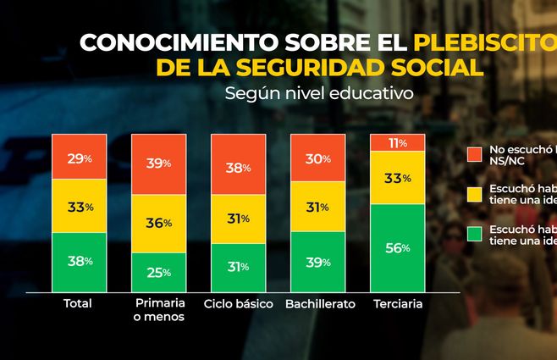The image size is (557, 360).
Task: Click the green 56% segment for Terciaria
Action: click(x=397, y=248)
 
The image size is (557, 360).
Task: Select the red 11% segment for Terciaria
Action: click(x=397, y=142)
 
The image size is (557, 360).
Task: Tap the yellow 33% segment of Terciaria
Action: click(x=397, y=178)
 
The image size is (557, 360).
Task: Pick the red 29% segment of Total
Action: click(x=80, y=157)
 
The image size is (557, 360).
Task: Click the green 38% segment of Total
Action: click(x=80, y=262)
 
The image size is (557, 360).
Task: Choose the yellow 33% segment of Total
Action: click(x=80, y=206)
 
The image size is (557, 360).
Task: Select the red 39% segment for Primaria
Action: click(x=159, y=163)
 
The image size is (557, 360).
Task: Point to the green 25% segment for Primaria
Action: click(x=159, y=272)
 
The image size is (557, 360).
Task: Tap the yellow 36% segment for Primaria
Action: click(x=159, y=223)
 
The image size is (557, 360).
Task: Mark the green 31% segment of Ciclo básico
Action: click(x=238, y=267)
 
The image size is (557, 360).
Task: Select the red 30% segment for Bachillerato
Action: click(x=317, y=158)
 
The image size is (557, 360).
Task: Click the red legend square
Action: click(x=474, y=154)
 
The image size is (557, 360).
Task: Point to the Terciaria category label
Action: click(x=397, y=303)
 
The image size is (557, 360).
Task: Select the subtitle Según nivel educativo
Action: click(x=318, y=93)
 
